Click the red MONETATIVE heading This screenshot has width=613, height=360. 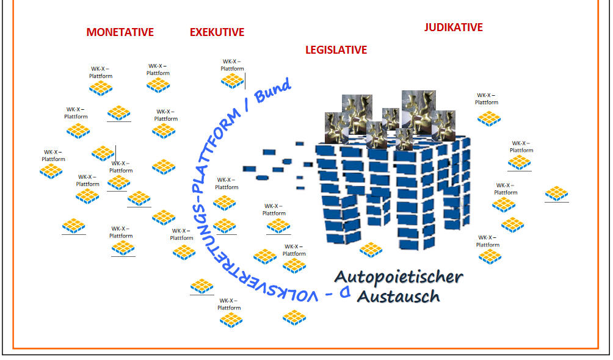pyautogui.click(x=120, y=32)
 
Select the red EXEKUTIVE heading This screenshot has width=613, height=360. pyautogui.click(x=217, y=32)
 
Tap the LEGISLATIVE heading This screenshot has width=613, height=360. pyautogui.click(x=336, y=50)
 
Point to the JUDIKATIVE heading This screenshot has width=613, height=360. pyautogui.click(x=453, y=27)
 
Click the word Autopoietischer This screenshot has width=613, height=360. pyautogui.click(x=399, y=277)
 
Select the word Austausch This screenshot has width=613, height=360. pyautogui.click(x=398, y=297)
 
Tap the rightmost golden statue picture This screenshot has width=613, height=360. pyautogui.click(x=443, y=125)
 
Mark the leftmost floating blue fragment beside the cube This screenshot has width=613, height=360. pyautogui.click(x=248, y=168)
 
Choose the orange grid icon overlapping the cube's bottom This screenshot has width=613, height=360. pyautogui.click(x=371, y=249)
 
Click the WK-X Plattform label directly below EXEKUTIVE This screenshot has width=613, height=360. pyautogui.click(x=231, y=65)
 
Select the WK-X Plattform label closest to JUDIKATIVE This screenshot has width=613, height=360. pyautogui.click(x=487, y=99)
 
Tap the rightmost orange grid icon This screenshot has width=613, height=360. pyautogui.click(x=556, y=193)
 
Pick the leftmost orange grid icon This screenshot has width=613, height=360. pyautogui.click(x=51, y=171)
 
